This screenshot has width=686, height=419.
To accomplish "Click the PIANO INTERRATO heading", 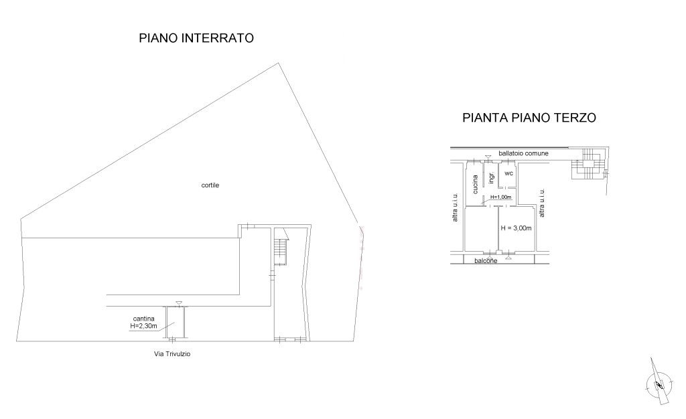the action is [196, 38].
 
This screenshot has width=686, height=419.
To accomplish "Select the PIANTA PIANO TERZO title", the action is [529, 118].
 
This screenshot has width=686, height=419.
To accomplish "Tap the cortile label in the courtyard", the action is [210, 185].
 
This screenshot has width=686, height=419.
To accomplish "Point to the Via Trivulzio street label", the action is [172, 354].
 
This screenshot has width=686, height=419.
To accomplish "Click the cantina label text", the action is [143, 319].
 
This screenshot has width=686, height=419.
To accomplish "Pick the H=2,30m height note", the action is [143, 326].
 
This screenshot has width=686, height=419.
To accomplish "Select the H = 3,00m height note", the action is [517, 228].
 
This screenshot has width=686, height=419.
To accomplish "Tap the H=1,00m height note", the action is [500, 197].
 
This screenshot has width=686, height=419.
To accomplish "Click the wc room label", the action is [508, 173].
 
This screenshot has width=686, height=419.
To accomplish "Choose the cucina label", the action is [475, 184].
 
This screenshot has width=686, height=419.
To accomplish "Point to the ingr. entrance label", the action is [491, 177].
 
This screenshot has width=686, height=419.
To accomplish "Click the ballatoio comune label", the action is [523, 153].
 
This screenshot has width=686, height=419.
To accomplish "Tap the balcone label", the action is [486, 261].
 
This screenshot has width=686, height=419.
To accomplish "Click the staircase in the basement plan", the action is [280, 252].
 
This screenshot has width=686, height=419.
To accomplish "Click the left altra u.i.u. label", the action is [455, 207].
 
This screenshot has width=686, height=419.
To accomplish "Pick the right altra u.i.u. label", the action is [541, 203].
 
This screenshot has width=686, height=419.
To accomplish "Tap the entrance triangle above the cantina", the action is [178, 303].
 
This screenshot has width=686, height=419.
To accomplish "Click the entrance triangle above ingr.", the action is [488, 157].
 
